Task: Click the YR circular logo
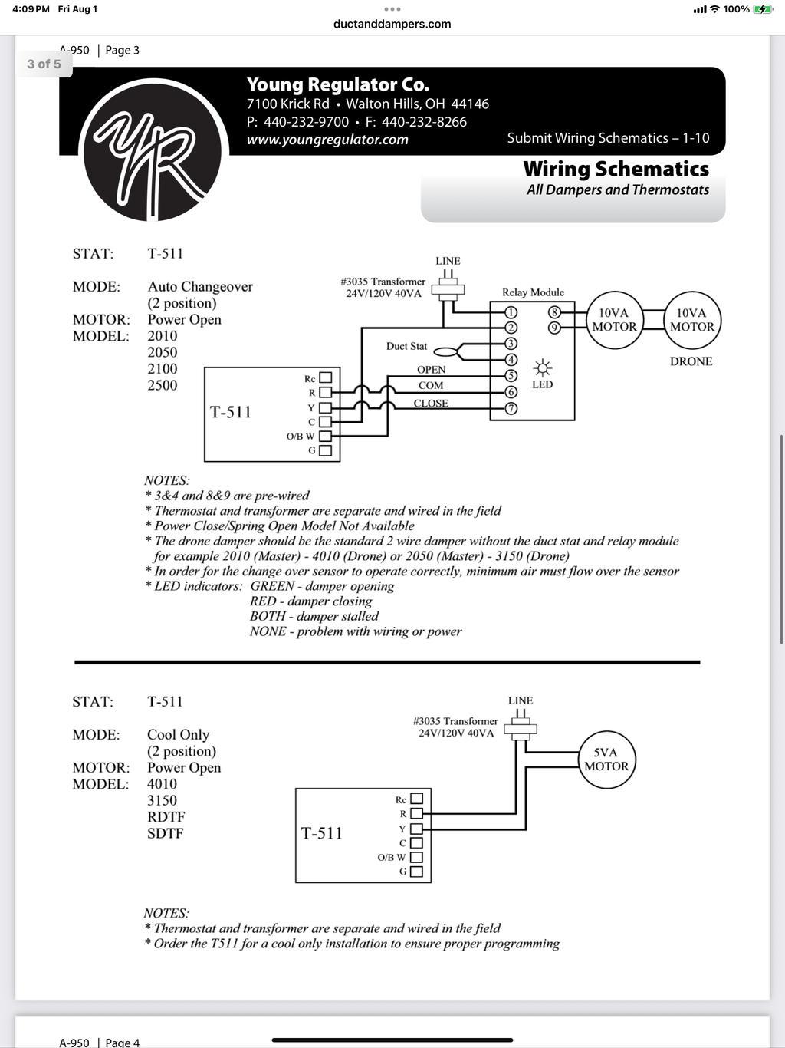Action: tap(153, 150)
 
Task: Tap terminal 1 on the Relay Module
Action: tap(511, 313)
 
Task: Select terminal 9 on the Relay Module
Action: tap(554, 328)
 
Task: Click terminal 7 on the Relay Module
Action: tap(511, 409)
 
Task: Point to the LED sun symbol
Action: tap(542, 368)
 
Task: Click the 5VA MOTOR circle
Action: tap(606, 759)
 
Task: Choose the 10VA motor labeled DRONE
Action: tap(692, 320)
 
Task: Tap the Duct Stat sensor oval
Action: tap(445, 352)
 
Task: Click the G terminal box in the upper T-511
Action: tap(325, 450)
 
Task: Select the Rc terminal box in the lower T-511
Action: tap(416, 799)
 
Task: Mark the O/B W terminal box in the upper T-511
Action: tap(325, 436)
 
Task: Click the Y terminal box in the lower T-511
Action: tap(416, 829)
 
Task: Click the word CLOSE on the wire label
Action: tap(431, 404)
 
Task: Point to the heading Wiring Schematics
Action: tap(616, 169)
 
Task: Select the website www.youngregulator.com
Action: tap(327, 140)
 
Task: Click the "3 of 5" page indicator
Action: tap(44, 64)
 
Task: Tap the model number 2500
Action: tap(163, 385)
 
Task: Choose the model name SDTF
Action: tap(165, 833)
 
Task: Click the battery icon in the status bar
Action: tap(762, 9)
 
